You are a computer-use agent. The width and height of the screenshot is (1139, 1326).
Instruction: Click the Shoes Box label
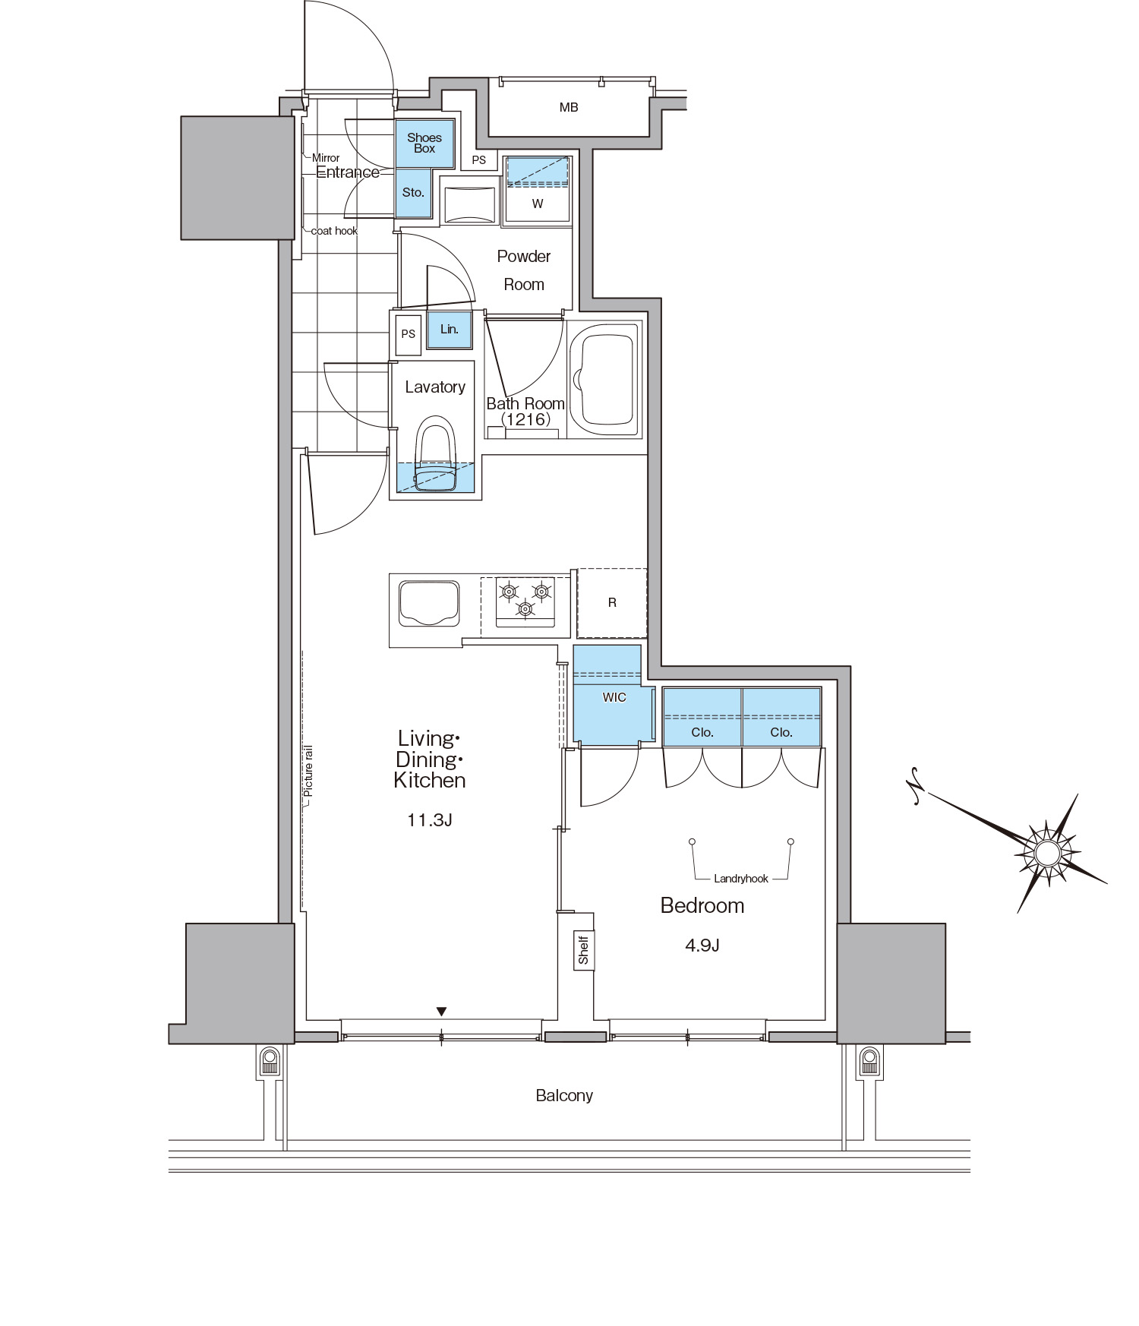coord(424,143)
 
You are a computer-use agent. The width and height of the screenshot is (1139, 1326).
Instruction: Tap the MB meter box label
coord(569,108)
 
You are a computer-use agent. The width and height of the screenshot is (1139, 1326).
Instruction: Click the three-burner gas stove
coord(525,601)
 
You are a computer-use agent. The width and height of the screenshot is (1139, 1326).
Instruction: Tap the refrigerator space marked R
coord(612,603)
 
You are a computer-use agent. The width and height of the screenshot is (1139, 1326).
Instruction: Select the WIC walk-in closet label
coord(614,697)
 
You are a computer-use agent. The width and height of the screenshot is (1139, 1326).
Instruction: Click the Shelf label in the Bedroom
coord(583,950)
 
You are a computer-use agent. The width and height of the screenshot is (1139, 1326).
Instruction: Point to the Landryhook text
coord(741,879)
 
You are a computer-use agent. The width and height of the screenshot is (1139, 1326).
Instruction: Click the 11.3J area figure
coord(430,820)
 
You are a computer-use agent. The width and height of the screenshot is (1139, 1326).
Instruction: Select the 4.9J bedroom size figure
coord(702,946)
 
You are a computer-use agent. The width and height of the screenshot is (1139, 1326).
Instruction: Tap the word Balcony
coord(564,1095)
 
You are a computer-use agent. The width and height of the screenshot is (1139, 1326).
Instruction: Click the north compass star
coord(1047,854)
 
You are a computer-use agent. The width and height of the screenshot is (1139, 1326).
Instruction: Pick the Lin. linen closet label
coord(450,330)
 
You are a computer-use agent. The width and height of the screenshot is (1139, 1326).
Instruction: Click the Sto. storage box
coord(414,193)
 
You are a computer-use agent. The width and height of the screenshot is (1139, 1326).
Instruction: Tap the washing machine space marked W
coord(538,204)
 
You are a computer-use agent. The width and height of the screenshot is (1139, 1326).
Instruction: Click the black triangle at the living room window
coord(441,1011)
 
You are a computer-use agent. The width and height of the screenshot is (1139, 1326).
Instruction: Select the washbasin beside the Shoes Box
coord(468,201)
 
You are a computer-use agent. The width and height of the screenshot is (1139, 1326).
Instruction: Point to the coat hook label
coord(334,231)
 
